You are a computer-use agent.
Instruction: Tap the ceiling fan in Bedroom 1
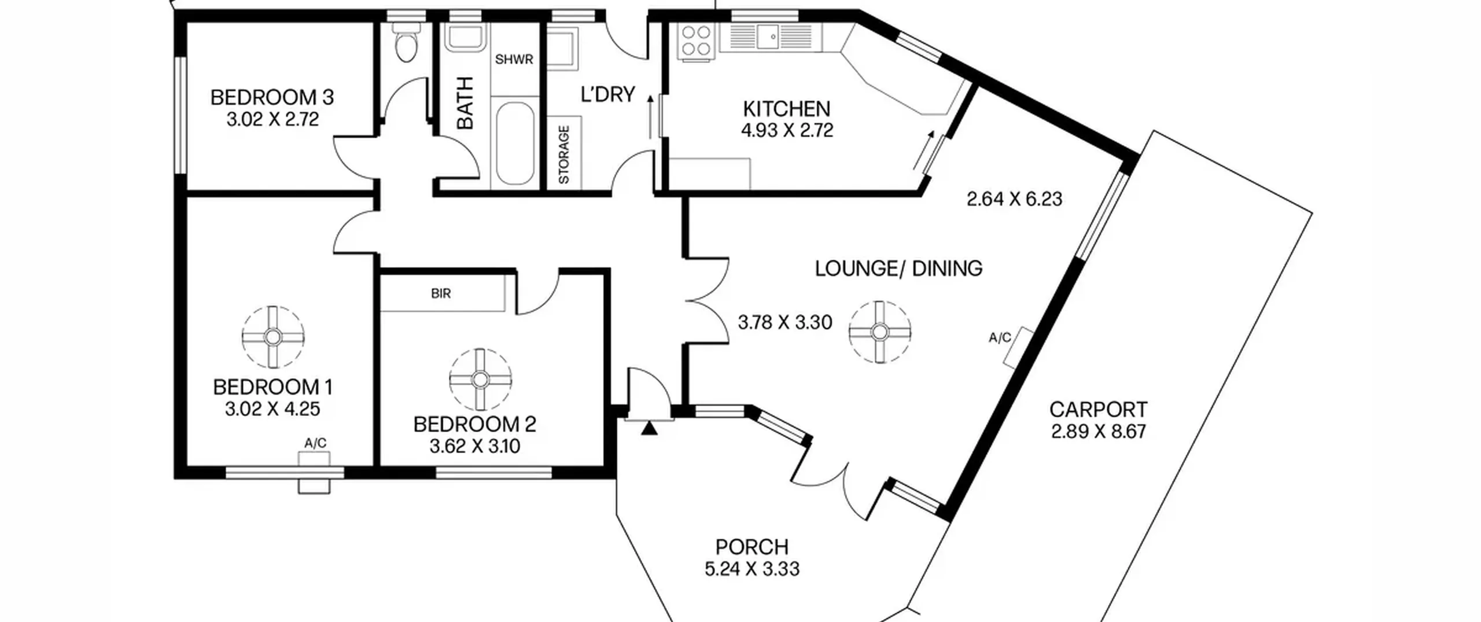(273, 336)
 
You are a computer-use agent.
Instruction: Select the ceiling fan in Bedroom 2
(480, 380)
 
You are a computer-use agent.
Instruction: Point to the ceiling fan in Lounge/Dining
(879, 332)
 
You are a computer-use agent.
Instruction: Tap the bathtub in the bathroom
(515, 143)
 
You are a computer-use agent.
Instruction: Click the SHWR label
(514, 60)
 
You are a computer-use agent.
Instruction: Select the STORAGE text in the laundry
(564, 155)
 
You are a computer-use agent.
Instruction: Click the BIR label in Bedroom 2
(441, 293)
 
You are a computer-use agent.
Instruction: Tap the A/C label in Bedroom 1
(315, 443)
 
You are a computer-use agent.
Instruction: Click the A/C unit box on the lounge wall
(1019, 347)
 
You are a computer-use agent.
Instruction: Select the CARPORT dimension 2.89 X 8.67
(1098, 432)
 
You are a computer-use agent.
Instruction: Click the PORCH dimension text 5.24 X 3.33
(751, 569)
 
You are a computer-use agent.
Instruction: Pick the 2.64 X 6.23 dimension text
(1014, 199)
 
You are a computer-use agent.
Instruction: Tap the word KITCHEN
(786, 109)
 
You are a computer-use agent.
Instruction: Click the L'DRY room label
(607, 94)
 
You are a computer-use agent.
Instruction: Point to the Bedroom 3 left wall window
(181, 115)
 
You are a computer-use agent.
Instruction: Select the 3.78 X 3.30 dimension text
(785, 322)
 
